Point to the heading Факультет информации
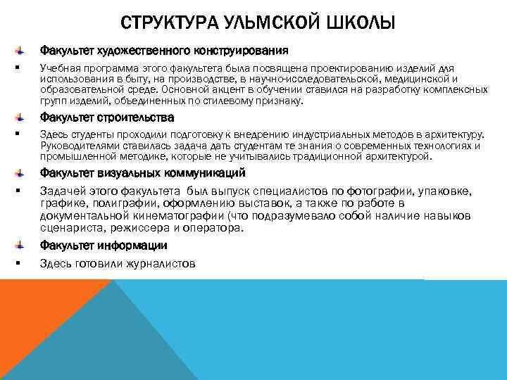104,246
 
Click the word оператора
214,229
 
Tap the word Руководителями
79,146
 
